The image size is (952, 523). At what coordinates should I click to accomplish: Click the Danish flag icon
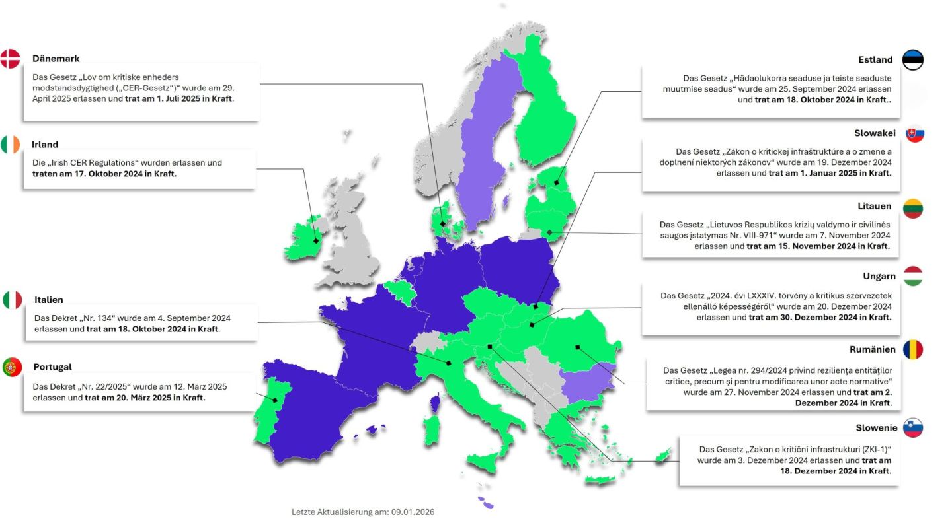(x=11, y=59)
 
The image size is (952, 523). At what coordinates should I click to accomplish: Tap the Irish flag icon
(x=11, y=144)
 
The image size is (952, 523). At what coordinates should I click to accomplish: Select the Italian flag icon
(x=13, y=300)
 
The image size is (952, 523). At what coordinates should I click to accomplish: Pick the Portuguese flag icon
(x=12, y=366)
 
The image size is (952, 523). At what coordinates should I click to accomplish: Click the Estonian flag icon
(x=913, y=59)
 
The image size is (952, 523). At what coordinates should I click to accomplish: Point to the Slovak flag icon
(x=914, y=133)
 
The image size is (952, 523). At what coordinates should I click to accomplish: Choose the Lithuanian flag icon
(x=913, y=207)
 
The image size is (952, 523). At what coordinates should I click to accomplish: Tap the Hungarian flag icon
(x=913, y=276)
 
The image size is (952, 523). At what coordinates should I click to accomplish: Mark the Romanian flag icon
(x=913, y=349)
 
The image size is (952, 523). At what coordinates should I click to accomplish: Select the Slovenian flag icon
(x=913, y=427)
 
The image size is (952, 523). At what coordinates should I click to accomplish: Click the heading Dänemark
(x=56, y=59)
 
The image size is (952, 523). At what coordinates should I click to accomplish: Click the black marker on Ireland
(x=316, y=240)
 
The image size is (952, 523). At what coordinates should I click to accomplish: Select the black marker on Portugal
(x=274, y=400)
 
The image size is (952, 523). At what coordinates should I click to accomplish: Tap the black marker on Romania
(x=577, y=347)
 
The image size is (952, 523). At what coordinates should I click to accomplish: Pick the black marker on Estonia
(x=557, y=182)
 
